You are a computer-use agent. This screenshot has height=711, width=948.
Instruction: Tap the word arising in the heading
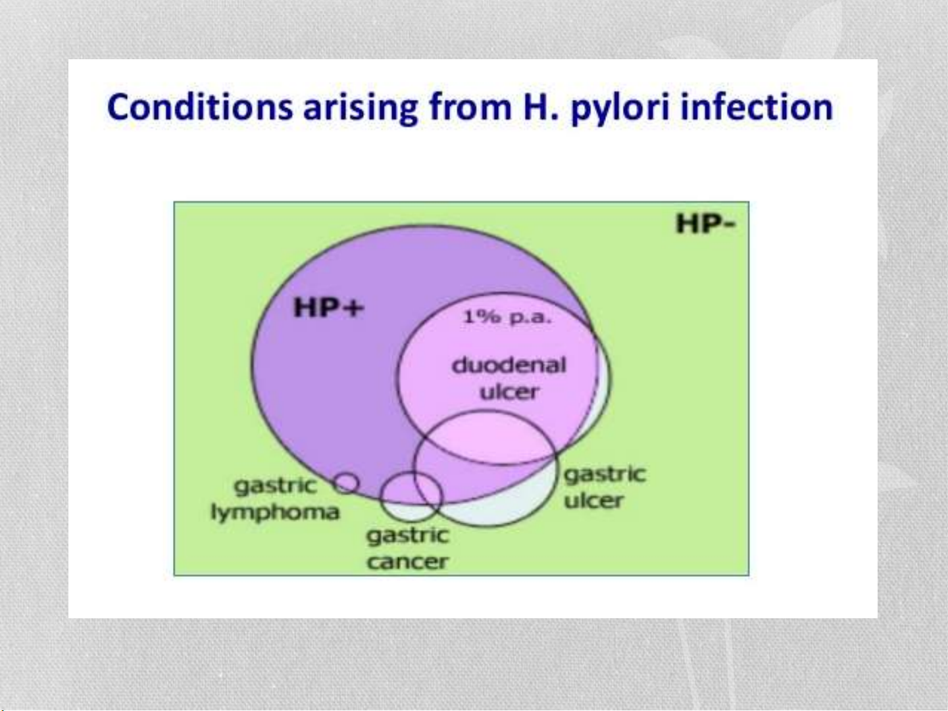point(360,108)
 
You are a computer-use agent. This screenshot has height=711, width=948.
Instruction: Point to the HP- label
point(706,224)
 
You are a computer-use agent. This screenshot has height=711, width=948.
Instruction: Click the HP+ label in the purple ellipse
point(329,308)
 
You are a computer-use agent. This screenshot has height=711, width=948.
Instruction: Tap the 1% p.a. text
point(507,317)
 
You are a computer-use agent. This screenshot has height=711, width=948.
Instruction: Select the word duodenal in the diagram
point(509,365)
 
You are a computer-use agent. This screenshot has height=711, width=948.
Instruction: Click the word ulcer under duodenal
point(509,392)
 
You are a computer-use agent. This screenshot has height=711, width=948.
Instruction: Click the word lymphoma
point(275,513)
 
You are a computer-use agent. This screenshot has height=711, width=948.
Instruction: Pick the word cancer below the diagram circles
point(407,562)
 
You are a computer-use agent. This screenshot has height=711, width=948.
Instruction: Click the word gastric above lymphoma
point(275,486)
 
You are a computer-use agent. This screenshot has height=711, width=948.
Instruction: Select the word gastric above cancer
point(408,536)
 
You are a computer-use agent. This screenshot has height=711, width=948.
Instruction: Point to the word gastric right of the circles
point(605,475)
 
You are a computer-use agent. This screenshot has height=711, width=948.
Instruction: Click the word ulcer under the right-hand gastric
point(594,501)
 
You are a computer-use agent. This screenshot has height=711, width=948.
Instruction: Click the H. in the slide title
point(541,107)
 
